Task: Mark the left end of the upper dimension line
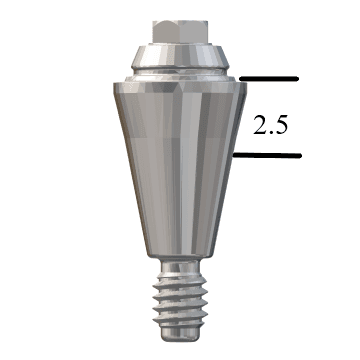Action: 241,78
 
